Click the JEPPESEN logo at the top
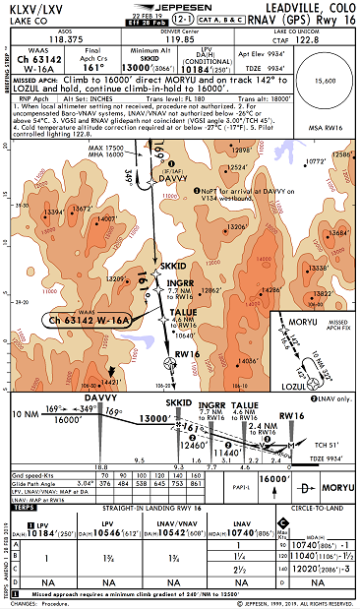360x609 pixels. point(181,8)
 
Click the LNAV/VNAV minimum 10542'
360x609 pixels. point(196,531)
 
